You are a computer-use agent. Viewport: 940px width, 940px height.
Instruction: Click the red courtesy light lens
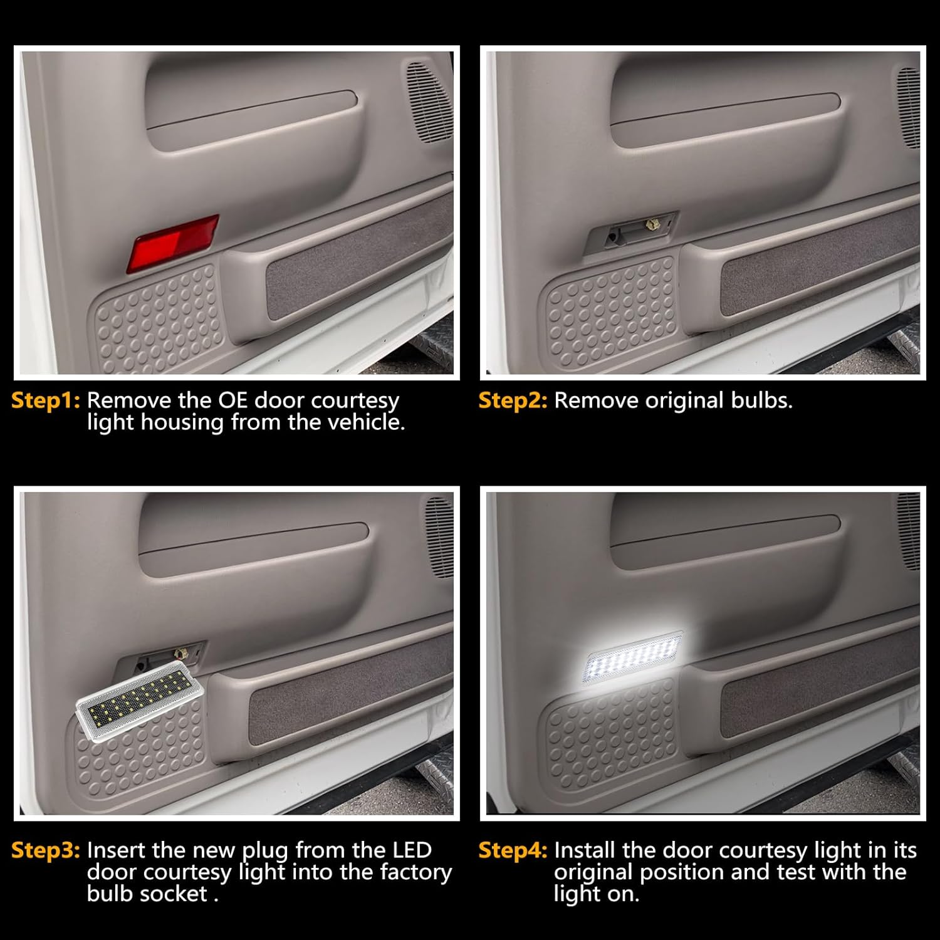[173, 243]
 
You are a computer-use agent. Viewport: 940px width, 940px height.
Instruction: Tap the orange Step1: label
[46, 400]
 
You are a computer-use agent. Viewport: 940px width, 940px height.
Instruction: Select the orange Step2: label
[513, 400]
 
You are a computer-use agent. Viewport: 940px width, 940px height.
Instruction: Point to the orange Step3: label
[46, 850]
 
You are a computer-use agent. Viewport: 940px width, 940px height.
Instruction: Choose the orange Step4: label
[513, 850]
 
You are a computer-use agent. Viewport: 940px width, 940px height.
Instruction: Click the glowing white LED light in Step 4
[632, 658]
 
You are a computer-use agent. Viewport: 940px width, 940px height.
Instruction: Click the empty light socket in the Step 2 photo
[630, 233]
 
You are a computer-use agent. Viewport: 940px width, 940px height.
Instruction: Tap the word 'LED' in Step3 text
[412, 850]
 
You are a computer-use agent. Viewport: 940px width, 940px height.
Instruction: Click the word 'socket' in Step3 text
[177, 894]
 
